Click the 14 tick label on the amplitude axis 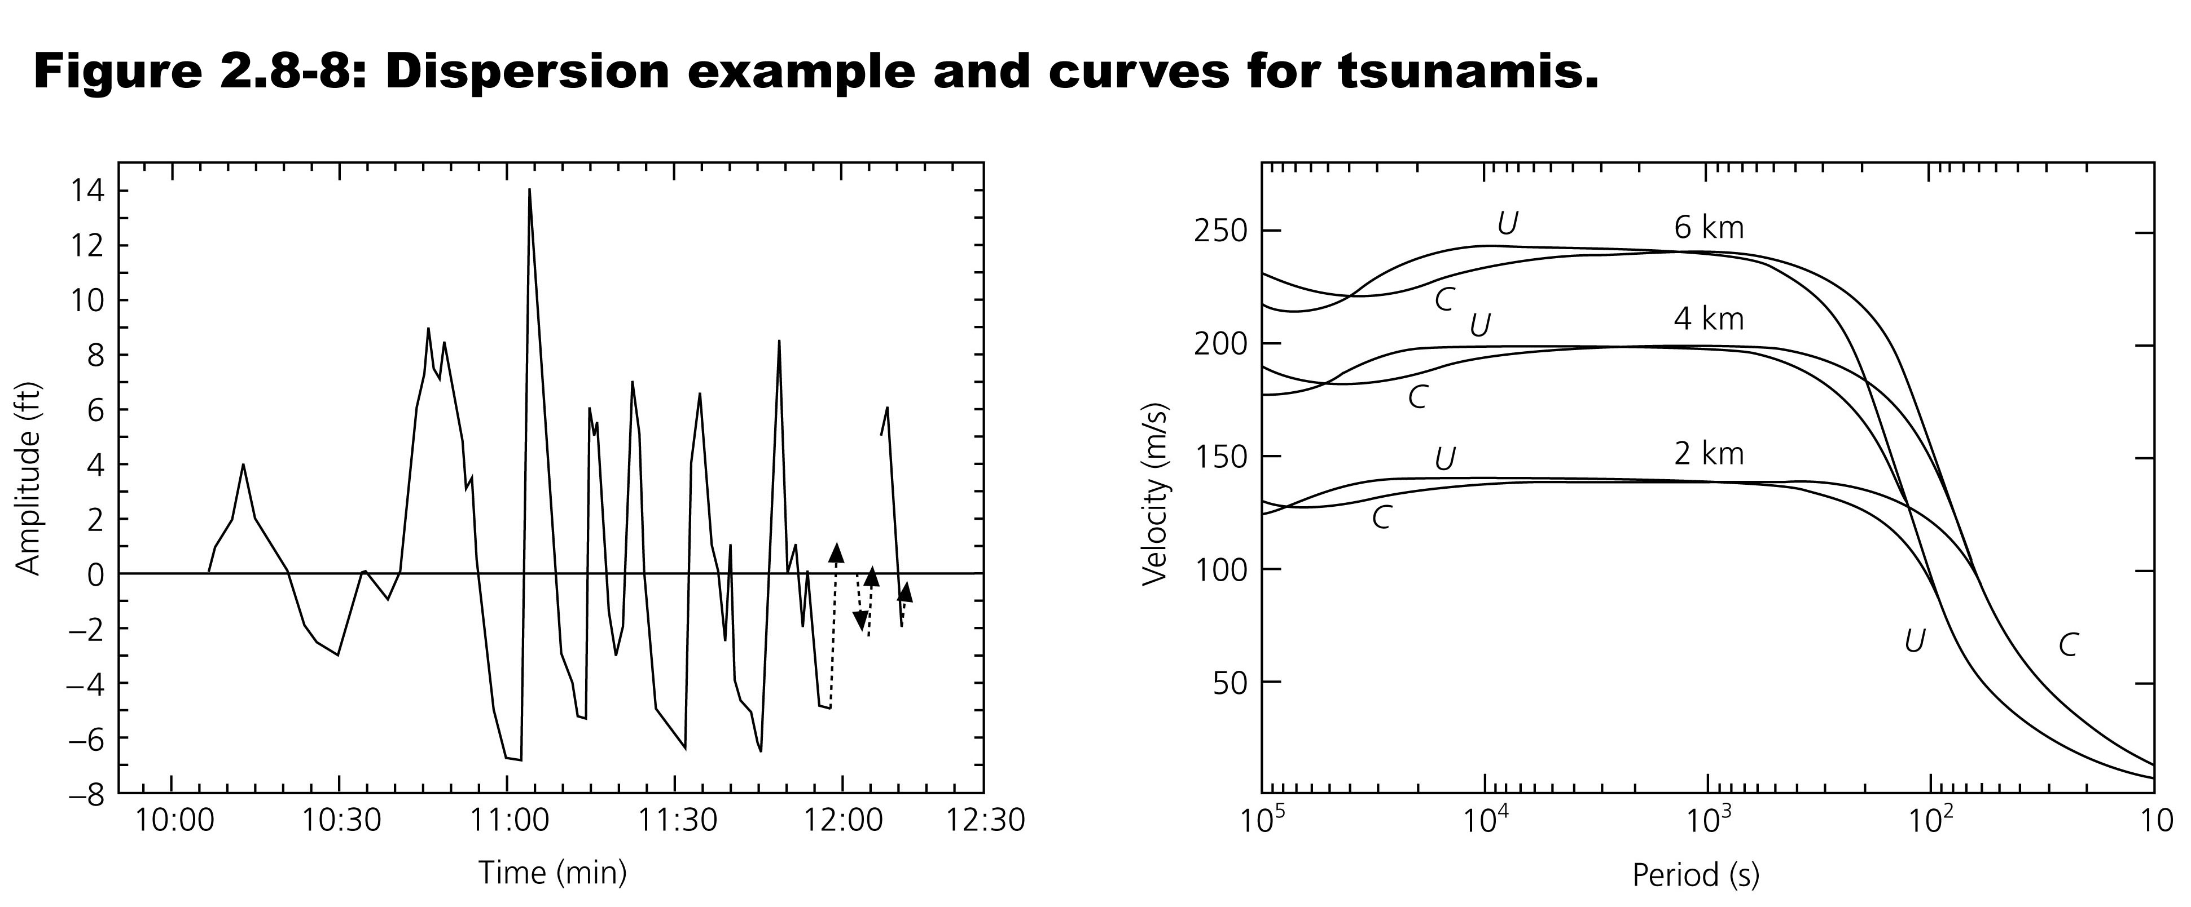pyautogui.click(x=87, y=192)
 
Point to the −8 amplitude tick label pyautogui.click(x=86, y=794)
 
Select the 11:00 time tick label pyautogui.click(x=506, y=821)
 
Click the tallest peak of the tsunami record pyautogui.click(x=529, y=191)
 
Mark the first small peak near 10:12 pyautogui.click(x=243, y=465)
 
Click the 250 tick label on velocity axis pyautogui.click(x=1222, y=231)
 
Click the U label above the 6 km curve pyautogui.click(x=1507, y=223)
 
